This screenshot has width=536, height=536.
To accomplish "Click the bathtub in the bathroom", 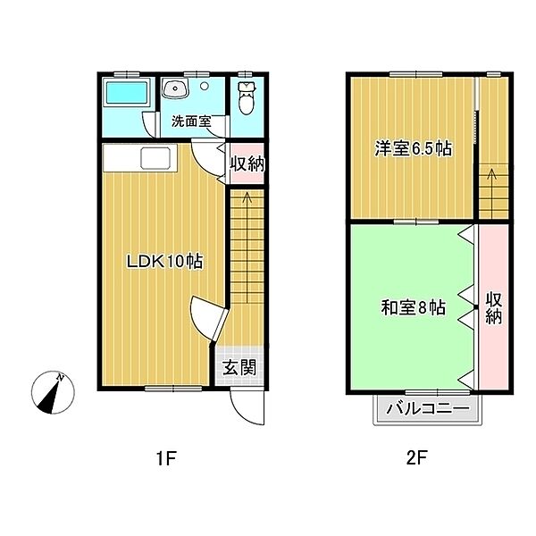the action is [x=127, y=92].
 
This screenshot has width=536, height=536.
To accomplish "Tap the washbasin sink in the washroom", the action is [x=175, y=88].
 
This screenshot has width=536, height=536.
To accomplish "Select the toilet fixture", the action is [x=247, y=98].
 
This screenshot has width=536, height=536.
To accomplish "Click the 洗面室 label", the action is [x=191, y=121].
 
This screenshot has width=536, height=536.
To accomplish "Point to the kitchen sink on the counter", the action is [x=155, y=158].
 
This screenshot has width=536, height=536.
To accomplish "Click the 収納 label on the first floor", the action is [x=247, y=164].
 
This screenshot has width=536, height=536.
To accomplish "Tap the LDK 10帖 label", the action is [x=164, y=262].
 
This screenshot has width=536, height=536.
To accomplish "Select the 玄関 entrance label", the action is [x=239, y=368].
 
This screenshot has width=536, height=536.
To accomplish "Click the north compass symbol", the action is [x=53, y=392].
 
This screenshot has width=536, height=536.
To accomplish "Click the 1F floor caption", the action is [x=166, y=458].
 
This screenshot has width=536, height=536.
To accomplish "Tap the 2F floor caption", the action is [x=416, y=458].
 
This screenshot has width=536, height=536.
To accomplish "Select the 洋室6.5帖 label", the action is [x=414, y=148].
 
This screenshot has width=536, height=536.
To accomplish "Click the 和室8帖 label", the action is [x=414, y=307].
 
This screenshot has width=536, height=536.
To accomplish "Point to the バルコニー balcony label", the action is [x=428, y=409].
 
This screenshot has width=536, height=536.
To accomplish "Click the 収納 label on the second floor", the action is [x=494, y=308].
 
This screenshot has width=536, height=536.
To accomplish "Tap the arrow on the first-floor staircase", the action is [x=247, y=247].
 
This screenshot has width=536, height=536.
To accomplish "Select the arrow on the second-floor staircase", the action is [x=492, y=194].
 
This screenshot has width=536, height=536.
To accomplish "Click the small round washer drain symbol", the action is [x=204, y=86].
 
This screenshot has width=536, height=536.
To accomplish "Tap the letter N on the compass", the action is [x=61, y=378].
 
